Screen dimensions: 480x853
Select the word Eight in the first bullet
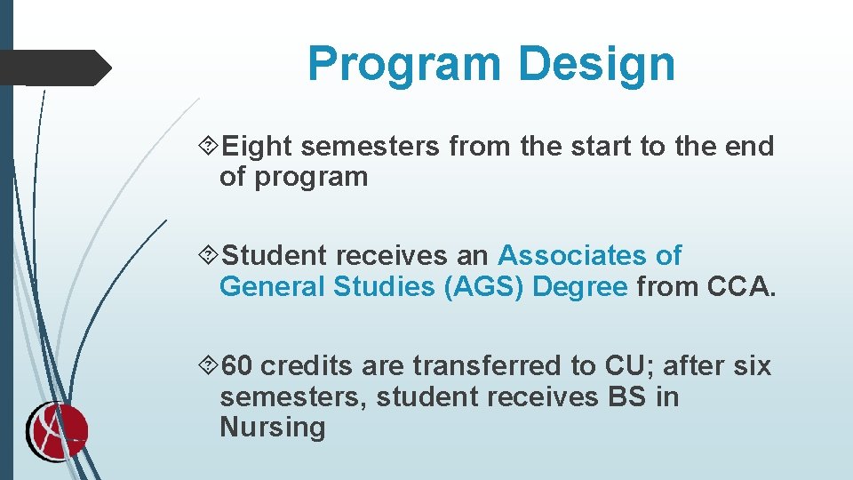(259, 146)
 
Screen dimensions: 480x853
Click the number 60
(236, 366)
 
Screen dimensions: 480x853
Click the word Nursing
(273, 428)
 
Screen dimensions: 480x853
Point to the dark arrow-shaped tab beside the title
(53, 68)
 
